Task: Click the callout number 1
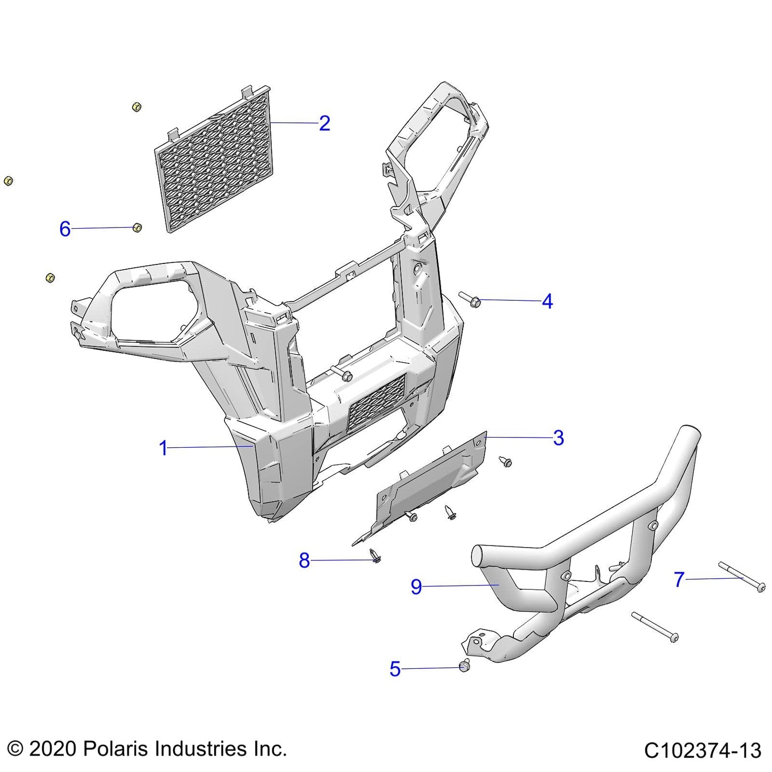[x=163, y=448]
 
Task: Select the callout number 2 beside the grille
[x=324, y=123]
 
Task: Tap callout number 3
[x=558, y=438]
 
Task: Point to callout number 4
[x=547, y=301]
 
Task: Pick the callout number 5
[x=395, y=669]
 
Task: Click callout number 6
[x=65, y=229]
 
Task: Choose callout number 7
[x=679, y=579]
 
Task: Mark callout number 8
[x=304, y=560]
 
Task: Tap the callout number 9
[x=416, y=587]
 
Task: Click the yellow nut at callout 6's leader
[x=137, y=228]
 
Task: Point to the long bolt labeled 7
[x=742, y=578]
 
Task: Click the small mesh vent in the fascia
[x=376, y=403]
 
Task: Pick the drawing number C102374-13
[x=702, y=751]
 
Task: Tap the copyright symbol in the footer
[x=15, y=748]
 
